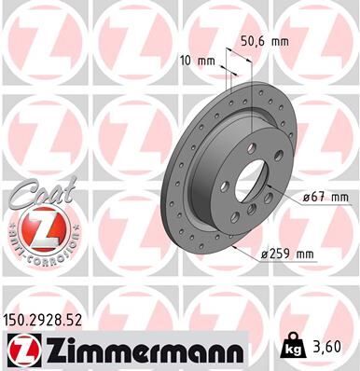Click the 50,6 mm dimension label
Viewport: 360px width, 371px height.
tap(263, 42)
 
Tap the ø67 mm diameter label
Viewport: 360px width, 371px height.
tap(325, 197)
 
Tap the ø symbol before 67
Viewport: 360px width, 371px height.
tap(308, 198)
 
